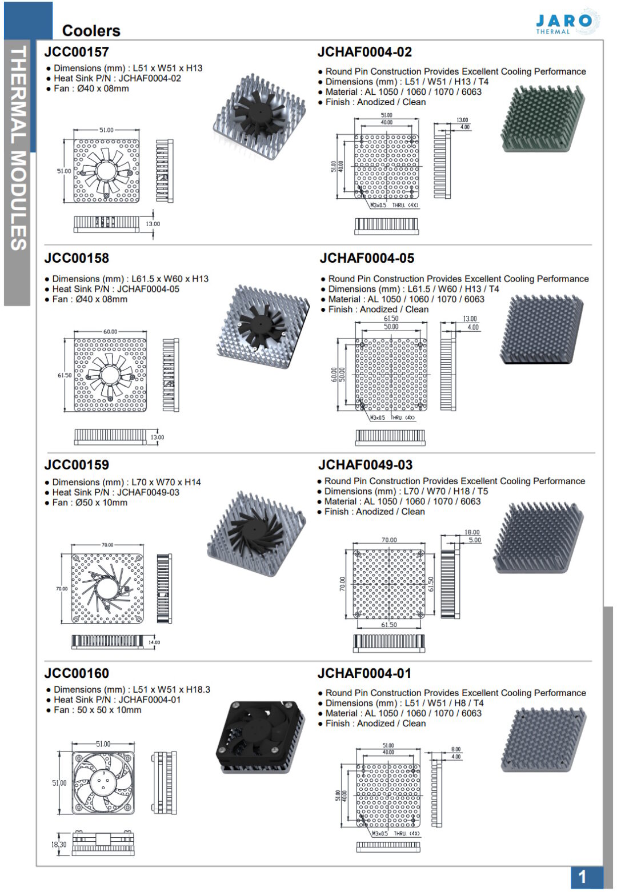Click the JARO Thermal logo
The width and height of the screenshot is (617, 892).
pos(566,22)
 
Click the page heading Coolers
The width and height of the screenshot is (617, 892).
pos(91,30)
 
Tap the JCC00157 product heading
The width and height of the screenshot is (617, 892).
pos(77,52)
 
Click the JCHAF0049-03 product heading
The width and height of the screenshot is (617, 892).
pos(365,465)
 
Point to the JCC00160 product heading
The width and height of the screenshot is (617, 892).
pos(77,673)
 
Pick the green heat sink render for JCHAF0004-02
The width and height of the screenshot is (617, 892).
pos(542,119)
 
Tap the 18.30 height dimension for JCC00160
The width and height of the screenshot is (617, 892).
pos(59,844)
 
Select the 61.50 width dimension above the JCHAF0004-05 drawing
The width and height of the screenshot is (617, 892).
pos(391,319)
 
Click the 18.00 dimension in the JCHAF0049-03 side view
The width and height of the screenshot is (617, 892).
pos(472,532)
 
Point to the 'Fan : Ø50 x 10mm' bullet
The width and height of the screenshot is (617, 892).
pos(90,503)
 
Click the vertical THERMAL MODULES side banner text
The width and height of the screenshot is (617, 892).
pos(18,148)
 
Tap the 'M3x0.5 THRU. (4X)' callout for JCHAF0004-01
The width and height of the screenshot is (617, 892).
pos(395,833)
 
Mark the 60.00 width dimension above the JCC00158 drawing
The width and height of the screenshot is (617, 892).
pos(110,332)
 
